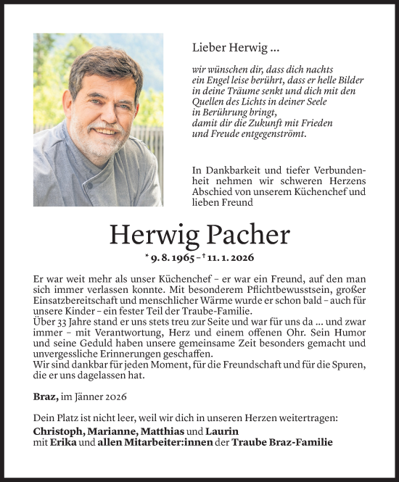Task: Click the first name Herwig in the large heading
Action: tap(149, 234)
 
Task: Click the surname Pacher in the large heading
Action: tap(245, 234)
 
